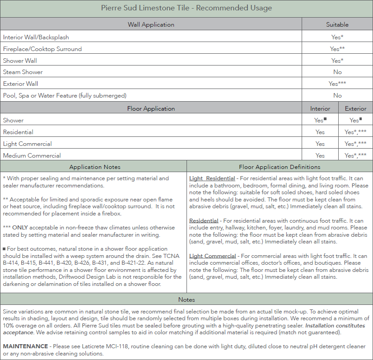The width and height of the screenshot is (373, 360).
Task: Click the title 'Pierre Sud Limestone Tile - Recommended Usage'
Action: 186,8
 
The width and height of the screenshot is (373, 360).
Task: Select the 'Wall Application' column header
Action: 151,24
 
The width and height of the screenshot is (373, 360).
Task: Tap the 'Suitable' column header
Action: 337,24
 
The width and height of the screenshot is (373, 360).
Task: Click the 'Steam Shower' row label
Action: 23,72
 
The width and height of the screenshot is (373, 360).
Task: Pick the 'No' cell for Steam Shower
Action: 337,72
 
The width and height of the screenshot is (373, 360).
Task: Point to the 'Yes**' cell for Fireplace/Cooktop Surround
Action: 337,49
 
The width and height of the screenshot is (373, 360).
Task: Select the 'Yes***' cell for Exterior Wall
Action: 337,84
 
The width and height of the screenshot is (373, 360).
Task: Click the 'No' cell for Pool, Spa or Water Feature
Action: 337,95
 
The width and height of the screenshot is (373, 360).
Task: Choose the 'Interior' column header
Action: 320,108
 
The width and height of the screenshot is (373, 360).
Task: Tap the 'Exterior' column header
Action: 355,108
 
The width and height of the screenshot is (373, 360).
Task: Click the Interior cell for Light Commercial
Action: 320,144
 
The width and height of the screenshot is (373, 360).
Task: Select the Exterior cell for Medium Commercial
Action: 355,155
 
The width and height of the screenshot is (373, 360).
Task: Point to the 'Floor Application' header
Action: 151,108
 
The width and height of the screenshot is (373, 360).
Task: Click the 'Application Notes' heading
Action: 95,167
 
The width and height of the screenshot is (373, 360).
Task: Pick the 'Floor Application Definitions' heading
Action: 280,167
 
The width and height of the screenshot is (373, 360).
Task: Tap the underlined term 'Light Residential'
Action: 212,178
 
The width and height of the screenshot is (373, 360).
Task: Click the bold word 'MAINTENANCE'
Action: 25,346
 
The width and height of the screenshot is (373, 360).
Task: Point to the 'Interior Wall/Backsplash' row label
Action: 36,37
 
